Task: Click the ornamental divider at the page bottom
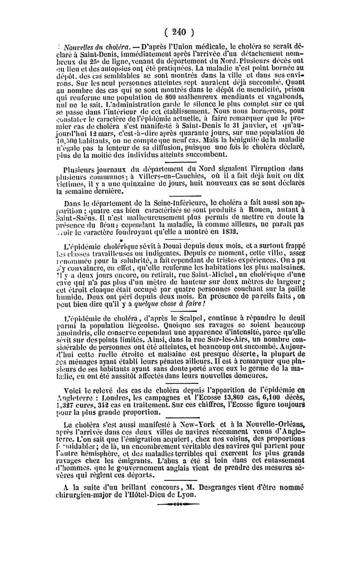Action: point(180,505)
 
